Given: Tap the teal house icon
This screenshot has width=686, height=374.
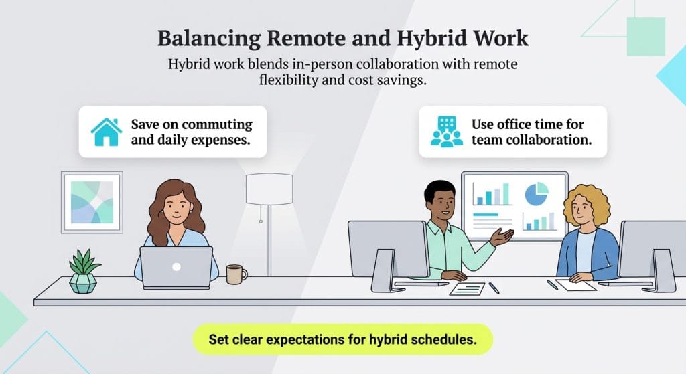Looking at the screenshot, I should click(x=107, y=132).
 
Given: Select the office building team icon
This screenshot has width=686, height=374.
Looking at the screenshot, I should click(x=447, y=132).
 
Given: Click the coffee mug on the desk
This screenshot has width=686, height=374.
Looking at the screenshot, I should click(x=235, y=274).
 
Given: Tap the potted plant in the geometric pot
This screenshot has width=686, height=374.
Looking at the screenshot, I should click(x=84, y=270).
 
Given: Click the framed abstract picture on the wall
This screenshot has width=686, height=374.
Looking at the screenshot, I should click(x=92, y=201).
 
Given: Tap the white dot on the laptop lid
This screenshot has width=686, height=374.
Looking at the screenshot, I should click(x=176, y=266).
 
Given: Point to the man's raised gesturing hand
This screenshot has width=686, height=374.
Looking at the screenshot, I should click(x=502, y=236).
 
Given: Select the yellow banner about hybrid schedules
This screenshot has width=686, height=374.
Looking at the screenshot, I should click(x=343, y=339).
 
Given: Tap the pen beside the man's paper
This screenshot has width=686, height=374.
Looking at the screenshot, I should click(x=494, y=287).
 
